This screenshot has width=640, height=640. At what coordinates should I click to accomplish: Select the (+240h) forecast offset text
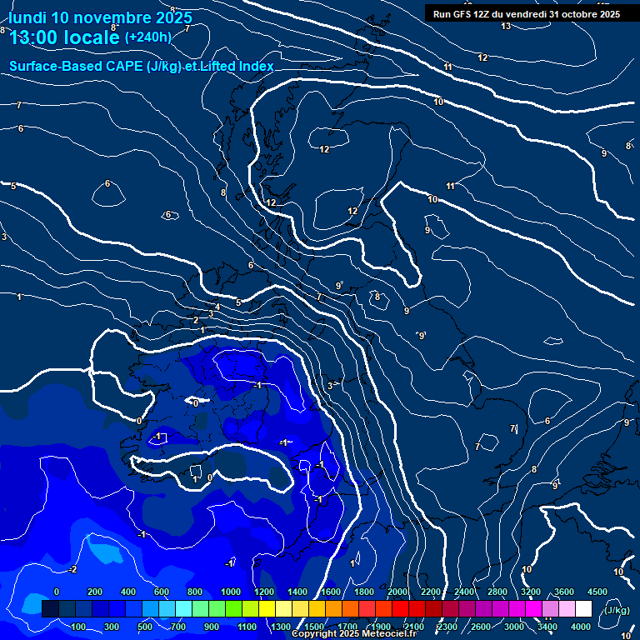147,37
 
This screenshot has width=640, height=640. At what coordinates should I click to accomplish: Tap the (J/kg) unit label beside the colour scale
616,611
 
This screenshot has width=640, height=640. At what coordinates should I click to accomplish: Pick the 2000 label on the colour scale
397,592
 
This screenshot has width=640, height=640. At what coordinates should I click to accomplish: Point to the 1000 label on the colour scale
231,592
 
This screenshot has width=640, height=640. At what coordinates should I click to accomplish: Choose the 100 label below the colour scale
79,627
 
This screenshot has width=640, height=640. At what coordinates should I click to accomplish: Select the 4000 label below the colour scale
582,627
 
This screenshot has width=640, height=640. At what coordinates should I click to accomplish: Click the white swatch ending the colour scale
583,609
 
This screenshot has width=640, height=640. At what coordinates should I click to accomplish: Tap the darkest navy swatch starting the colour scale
50,609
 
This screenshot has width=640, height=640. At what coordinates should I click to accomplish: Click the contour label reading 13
506,26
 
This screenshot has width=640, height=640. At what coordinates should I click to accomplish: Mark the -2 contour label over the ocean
72,569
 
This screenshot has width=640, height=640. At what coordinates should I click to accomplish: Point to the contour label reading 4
217,307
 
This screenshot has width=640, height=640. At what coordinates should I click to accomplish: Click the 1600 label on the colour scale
331,592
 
